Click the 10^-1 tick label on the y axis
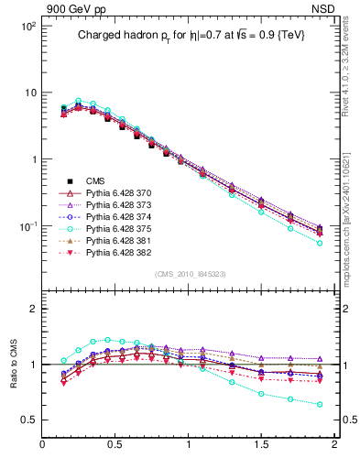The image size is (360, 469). pyautogui.click(x=27, y=226)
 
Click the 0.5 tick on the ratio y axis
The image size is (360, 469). pyautogui.click(x=28, y=420)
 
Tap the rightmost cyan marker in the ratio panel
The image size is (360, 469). pyautogui.click(x=320, y=404)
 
